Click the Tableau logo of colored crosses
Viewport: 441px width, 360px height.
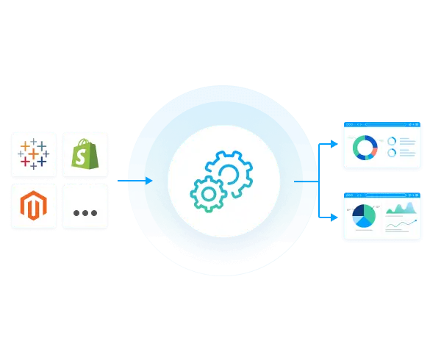(34, 154)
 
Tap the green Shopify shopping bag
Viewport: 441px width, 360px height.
(85, 154)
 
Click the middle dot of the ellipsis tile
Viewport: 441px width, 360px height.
(85, 213)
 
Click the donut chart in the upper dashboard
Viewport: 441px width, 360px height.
(365, 147)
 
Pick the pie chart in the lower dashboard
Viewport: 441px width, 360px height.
(364, 216)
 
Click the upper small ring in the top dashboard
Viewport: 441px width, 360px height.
(392, 140)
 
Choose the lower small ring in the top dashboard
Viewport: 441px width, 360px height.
(392, 153)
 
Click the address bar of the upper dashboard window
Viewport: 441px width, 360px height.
(382, 126)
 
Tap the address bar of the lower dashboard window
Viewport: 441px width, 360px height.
(382, 197)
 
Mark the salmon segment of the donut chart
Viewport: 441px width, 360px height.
(376, 150)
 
